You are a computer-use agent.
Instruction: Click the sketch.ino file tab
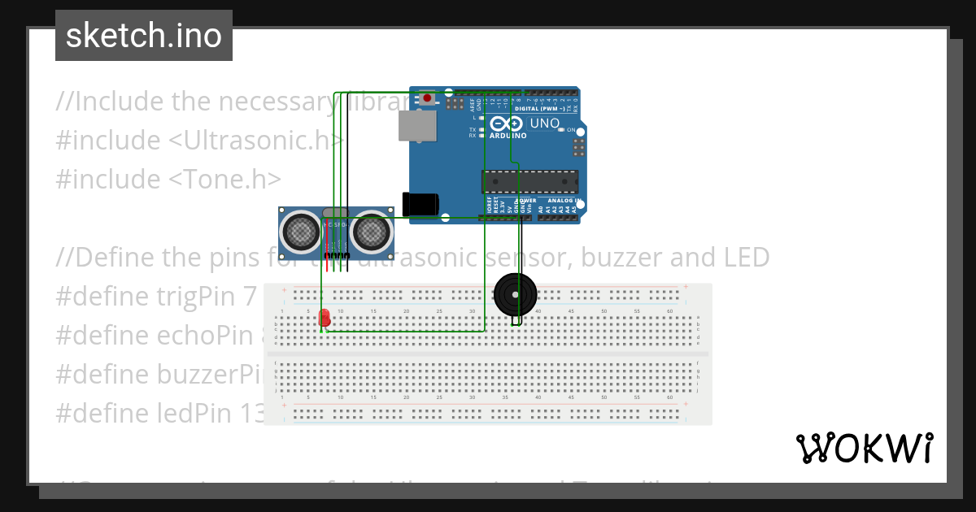pos(144,36)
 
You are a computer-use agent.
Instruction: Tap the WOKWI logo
pos(864,449)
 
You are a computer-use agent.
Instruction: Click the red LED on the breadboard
pos(325,318)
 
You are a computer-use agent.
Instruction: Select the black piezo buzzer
pos(516,293)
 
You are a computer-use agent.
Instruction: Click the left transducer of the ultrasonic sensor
pos(299,232)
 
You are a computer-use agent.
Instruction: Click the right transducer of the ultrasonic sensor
pos(370,232)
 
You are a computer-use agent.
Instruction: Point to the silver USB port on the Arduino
pos(416,125)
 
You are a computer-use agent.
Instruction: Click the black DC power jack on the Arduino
pos(420,204)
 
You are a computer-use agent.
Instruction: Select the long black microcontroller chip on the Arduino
pos(529,183)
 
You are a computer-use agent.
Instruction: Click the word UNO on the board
pos(545,124)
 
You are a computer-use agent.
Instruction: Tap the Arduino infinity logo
pos(507,124)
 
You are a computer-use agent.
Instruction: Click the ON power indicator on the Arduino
pos(571,130)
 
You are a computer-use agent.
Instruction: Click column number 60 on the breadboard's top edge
pos(670,311)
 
